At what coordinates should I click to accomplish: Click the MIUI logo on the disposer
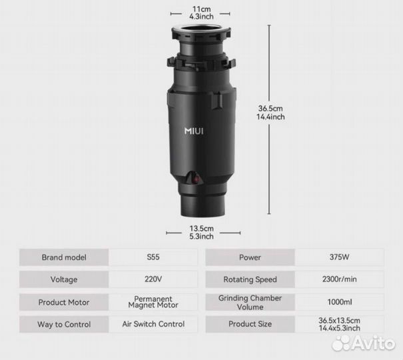coord(194,131)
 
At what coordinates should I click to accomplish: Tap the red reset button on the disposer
coord(197,178)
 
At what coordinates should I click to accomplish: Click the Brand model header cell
coord(64,257)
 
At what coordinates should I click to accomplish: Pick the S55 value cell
coord(153,257)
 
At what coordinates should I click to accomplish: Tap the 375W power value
coord(340,257)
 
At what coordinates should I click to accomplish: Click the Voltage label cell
coord(64,279)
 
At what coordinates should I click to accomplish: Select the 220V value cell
coord(153,279)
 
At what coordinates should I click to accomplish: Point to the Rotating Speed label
coord(250,279)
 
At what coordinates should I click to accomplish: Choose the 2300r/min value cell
coord(340,279)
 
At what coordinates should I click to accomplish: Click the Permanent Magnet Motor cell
coord(153,302)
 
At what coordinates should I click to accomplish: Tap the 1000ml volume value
coord(340,302)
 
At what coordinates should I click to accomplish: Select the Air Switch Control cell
coord(153,324)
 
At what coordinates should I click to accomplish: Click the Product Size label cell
coord(250,324)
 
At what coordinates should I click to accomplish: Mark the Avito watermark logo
coord(363,343)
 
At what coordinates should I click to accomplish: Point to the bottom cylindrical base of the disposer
coord(203,205)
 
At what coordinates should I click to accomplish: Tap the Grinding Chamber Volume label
coord(250,302)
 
